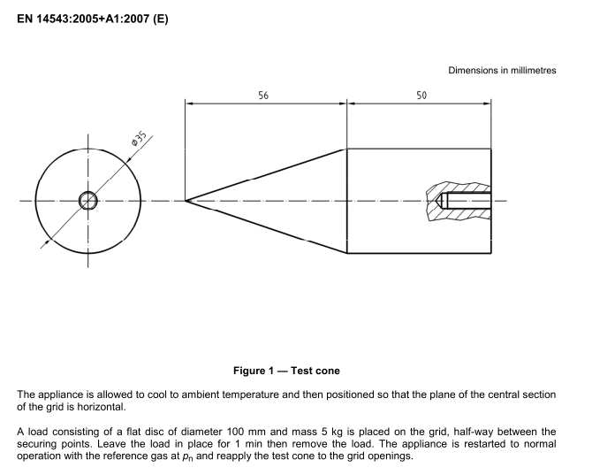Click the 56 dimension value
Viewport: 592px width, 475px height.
264,95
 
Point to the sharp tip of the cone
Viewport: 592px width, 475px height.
186,200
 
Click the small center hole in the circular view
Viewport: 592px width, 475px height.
88,200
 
